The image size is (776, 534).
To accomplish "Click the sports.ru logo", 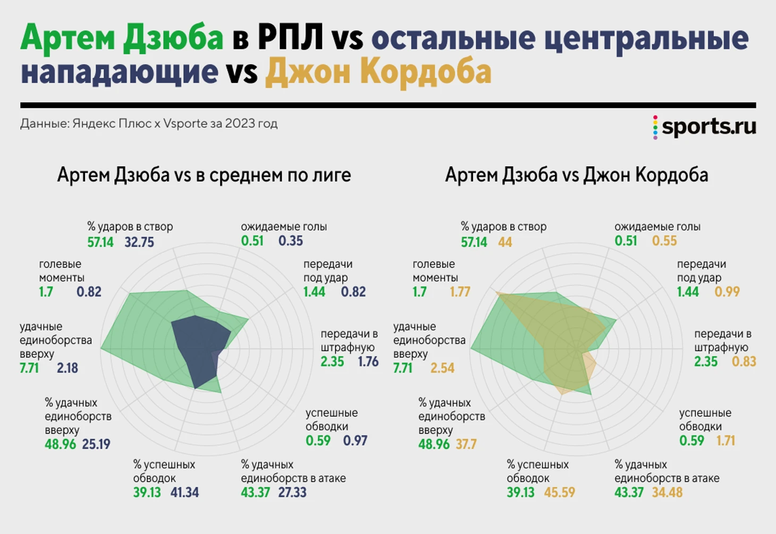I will (x=705, y=127).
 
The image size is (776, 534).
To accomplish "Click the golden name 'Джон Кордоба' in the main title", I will (x=378, y=72).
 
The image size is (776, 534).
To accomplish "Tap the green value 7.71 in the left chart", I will (x=29, y=368).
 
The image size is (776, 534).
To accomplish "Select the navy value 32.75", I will (x=139, y=243).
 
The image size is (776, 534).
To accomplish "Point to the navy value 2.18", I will (x=68, y=368).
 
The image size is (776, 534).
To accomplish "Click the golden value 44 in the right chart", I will (x=505, y=243).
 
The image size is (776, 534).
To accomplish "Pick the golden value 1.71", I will (x=726, y=441).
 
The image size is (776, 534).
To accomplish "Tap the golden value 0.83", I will (x=744, y=362).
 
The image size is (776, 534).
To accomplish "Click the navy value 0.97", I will (x=355, y=441).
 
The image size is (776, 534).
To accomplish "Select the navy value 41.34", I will (x=184, y=493).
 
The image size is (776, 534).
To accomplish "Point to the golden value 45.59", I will (x=559, y=493).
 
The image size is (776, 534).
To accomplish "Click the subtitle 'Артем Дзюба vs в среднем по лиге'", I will (x=204, y=175).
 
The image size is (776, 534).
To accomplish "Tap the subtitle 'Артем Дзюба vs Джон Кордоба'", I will (x=577, y=175).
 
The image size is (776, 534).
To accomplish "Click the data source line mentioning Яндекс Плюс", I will (x=149, y=123).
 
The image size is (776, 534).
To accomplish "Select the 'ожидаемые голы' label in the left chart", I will (x=284, y=227).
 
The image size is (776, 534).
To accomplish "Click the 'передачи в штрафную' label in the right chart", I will (x=722, y=340).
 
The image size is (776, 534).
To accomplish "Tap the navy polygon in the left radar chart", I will (x=199, y=346).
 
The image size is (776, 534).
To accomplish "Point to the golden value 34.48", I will (x=667, y=493).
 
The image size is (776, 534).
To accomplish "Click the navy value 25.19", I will (x=96, y=444).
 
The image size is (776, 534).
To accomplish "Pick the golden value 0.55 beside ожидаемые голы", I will (x=664, y=241).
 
